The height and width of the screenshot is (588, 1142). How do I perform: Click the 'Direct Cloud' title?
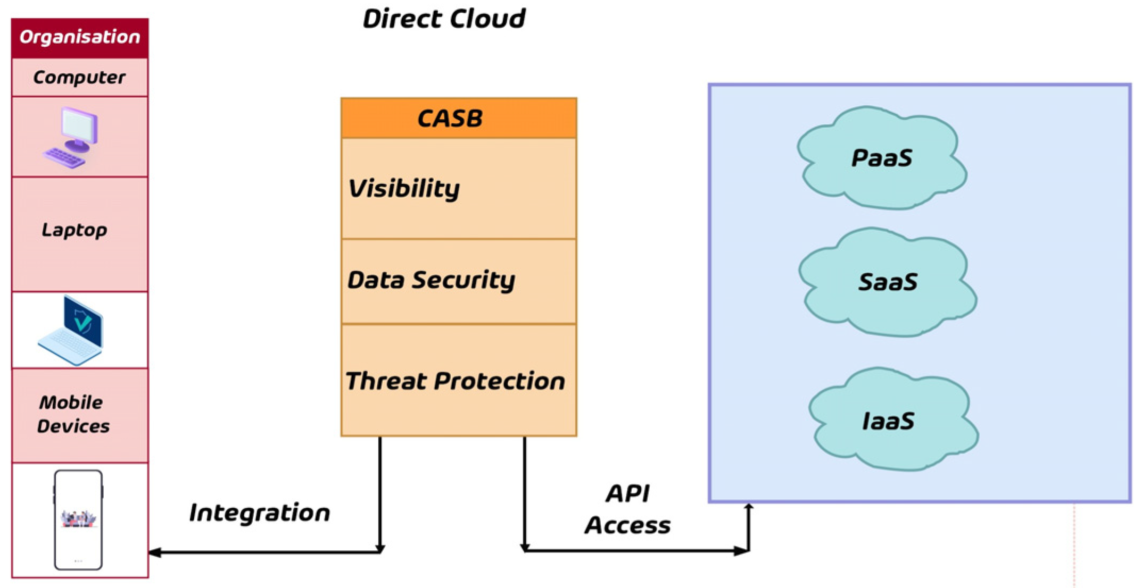pos(444,19)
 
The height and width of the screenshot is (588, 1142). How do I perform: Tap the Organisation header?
pos(80,37)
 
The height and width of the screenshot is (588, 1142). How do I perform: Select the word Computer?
pos(79,78)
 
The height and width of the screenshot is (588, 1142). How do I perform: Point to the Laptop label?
pos(75,230)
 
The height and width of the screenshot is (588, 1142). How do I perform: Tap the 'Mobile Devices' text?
pos(73,414)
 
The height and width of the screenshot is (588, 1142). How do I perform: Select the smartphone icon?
pos(78,519)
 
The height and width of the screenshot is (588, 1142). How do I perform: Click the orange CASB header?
pos(458,118)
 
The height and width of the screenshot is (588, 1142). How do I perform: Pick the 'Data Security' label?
pos(431,280)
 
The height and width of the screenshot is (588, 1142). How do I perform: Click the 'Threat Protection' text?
pos(455,381)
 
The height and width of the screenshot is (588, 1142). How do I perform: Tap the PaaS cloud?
pos(882,158)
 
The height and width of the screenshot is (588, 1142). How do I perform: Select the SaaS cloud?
pos(887,282)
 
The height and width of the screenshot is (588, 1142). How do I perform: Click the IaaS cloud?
pos(888,421)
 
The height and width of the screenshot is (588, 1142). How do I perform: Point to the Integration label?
pos(260,513)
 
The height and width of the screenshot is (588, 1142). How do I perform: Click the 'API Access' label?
pos(628,509)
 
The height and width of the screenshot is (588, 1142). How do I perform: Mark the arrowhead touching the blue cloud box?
pos(749,507)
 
